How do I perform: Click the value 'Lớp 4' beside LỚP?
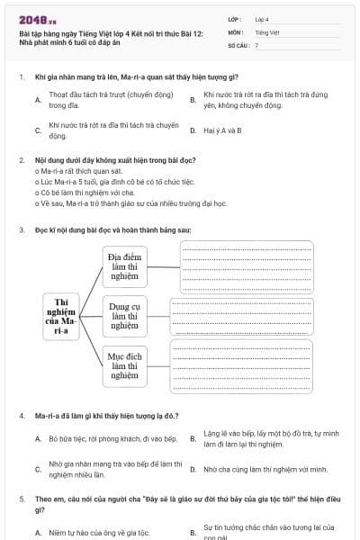[262, 19]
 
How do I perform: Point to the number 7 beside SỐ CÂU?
[256, 44]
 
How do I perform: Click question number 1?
[21, 77]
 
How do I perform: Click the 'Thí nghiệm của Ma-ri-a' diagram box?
[62, 316]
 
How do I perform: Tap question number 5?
[21, 498]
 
